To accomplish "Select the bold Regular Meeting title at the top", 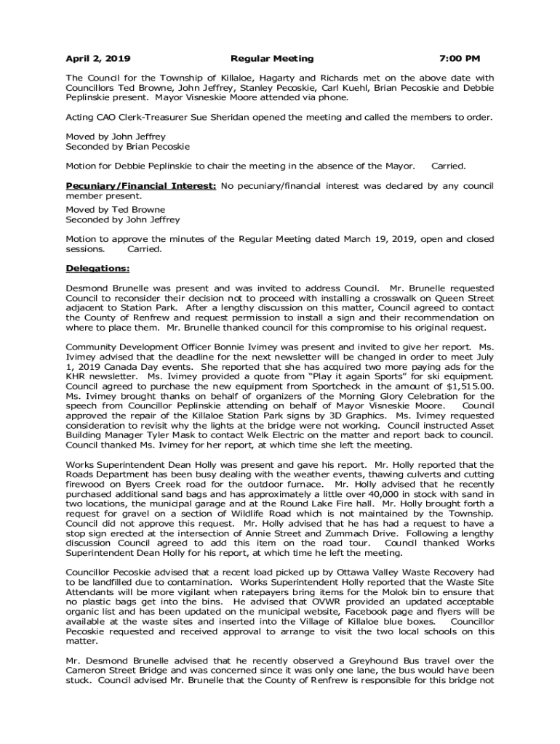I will (x=272, y=58).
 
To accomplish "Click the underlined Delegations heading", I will (x=97, y=269).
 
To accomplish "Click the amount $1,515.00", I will (x=469, y=387).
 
